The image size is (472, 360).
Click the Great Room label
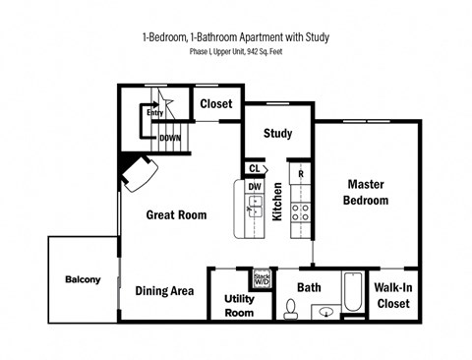point(176,214)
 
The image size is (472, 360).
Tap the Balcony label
point(83,279)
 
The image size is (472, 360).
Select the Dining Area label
point(164,290)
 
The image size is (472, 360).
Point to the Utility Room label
point(240,305)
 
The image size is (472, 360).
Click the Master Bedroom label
point(365,192)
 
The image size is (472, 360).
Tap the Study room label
point(277,134)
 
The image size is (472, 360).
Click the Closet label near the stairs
point(215,103)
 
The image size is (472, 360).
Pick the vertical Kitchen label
point(278,201)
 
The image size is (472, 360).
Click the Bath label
point(309,287)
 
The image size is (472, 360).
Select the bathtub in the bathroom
point(351,294)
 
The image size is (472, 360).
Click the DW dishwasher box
point(254,187)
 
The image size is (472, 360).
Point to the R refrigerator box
point(301,174)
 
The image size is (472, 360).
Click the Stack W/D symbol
point(262,277)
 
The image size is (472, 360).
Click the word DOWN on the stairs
point(169,139)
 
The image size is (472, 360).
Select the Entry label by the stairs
point(154,113)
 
